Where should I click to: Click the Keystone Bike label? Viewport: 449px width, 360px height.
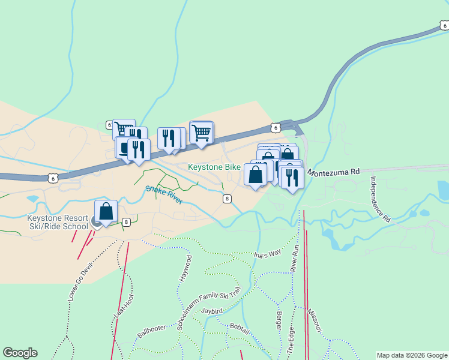(214, 167)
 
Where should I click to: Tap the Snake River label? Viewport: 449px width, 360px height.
(164, 195)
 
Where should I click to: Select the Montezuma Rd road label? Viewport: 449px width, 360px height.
(334, 172)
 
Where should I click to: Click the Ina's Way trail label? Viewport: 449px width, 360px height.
(267, 253)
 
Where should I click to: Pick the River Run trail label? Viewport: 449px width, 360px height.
(295, 257)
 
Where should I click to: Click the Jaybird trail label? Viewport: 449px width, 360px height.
(212, 311)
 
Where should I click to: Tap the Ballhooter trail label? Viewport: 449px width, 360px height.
(151, 331)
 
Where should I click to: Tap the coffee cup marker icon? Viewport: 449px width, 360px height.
(124, 148)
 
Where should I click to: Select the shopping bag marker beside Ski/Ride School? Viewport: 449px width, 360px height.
(106, 212)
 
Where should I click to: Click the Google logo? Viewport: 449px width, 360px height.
(20, 353)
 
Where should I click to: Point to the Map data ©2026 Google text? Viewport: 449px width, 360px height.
(412, 355)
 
